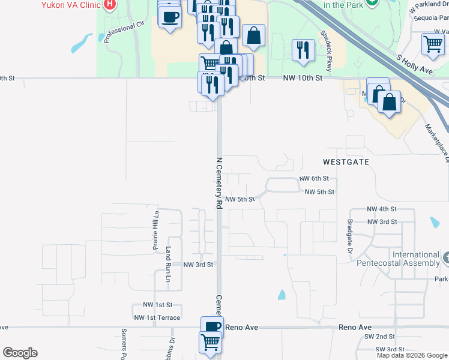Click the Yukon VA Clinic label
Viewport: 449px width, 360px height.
(70, 5)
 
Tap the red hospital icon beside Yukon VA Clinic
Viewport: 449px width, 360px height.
(109, 5)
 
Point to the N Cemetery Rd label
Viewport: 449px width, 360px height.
(219, 183)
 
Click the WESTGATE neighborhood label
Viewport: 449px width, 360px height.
(345, 162)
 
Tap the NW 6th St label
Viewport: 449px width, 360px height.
(314, 179)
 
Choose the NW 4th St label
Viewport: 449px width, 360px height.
(382, 209)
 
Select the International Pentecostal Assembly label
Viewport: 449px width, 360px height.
(407, 259)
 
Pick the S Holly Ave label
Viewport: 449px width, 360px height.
(414, 62)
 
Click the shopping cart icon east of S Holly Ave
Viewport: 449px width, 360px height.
(433, 44)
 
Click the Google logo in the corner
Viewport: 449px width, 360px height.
(20, 353)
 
